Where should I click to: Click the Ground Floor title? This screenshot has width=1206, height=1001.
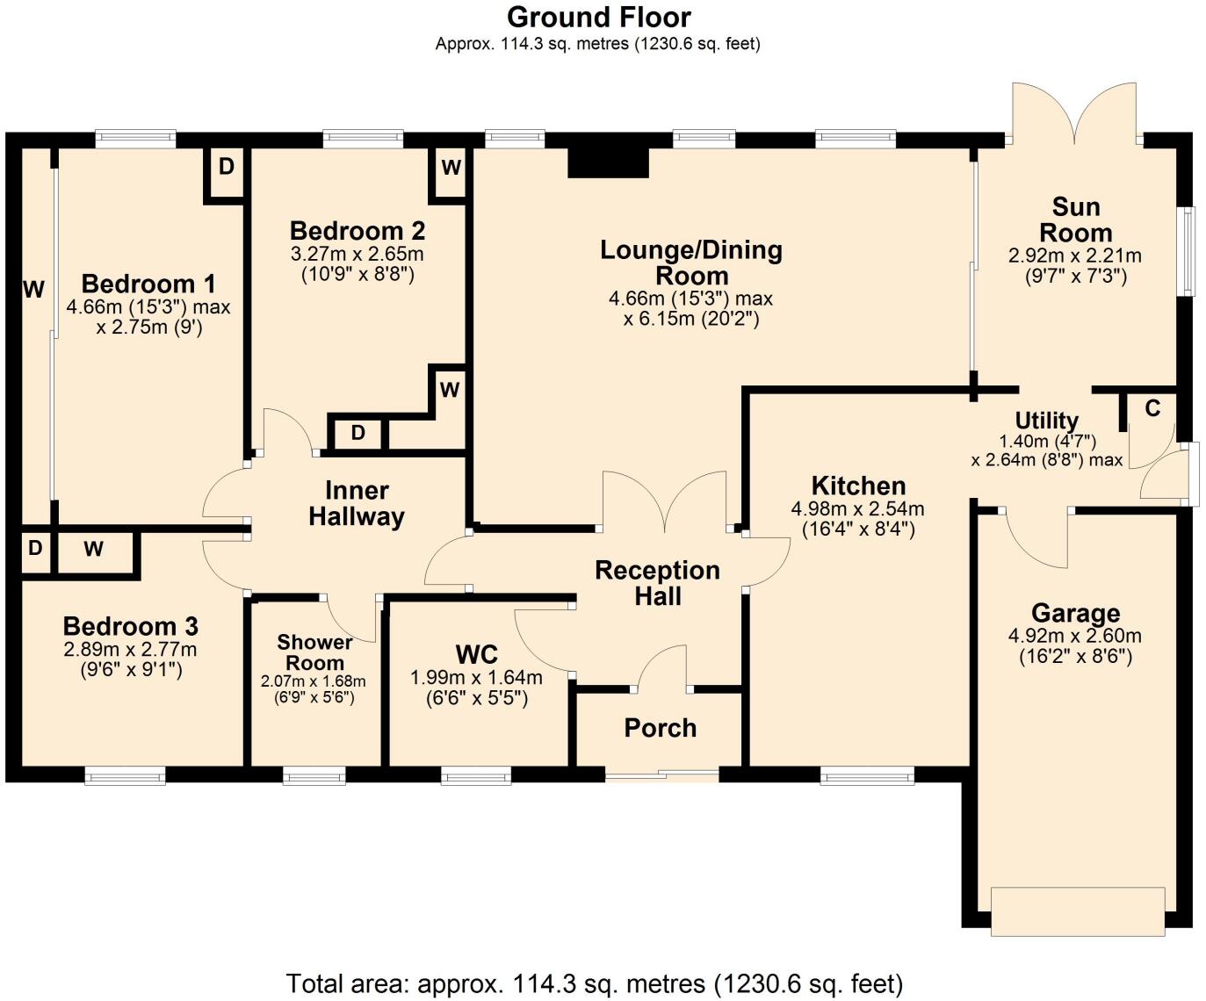tap(599, 17)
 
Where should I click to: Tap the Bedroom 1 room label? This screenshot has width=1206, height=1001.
tap(148, 284)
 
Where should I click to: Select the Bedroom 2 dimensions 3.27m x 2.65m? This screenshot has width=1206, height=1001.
tap(357, 255)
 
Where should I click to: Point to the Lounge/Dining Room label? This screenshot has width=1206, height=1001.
tap(690, 262)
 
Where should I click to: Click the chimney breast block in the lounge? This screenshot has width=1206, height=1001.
tap(608, 163)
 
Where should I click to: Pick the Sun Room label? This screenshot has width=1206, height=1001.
tap(1075, 220)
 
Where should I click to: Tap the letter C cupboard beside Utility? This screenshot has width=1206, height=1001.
tap(1152, 408)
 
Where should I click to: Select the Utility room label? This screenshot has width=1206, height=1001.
tap(1046, 421)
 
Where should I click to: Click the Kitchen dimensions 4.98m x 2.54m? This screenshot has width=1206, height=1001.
tap(857, 508)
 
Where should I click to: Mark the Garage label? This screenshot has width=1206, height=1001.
tap(1075, 613)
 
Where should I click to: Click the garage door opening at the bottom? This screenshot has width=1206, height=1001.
tap(1078, 911)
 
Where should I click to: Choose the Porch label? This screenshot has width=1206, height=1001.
tap(660, 728)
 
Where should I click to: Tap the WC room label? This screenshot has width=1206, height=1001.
tap(476, 654)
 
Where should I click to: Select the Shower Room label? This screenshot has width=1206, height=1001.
tap(314, 652)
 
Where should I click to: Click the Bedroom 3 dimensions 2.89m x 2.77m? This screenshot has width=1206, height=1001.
tap(130, 651)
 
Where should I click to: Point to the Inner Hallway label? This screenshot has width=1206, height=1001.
tap(356, 503)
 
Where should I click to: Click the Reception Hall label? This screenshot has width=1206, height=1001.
tap(657, 583)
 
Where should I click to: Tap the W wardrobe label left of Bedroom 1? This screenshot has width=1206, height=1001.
tap(33, 289)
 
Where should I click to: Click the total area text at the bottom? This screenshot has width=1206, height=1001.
tap(595, 983)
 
